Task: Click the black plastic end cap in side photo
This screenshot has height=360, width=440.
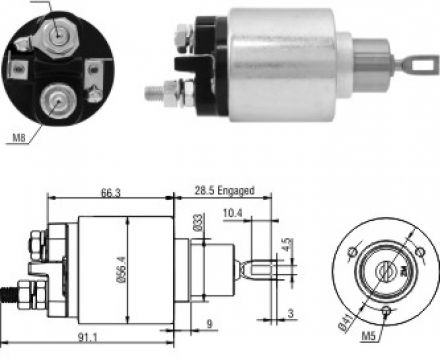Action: (204, 60)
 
